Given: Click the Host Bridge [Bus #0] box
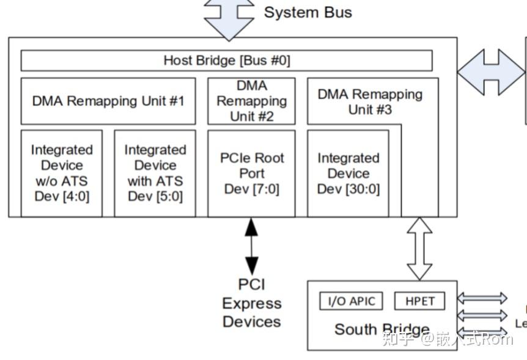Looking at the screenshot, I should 226,61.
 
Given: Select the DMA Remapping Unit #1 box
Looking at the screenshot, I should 108,101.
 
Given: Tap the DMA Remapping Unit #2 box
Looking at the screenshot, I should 251,101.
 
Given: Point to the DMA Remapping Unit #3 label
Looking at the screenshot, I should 370,101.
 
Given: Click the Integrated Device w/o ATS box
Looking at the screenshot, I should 62,173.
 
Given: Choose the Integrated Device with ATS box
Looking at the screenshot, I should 155,173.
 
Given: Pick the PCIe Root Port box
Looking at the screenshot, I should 251,173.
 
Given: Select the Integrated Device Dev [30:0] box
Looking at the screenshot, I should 348,173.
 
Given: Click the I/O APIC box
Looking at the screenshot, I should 351,301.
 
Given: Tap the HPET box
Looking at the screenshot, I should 419,301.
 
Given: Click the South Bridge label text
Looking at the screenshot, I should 381,330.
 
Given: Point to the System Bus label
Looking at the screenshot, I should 308,12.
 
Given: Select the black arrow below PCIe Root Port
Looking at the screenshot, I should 251,246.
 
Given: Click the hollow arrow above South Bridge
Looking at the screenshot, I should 419,248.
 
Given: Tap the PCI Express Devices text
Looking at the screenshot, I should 251,303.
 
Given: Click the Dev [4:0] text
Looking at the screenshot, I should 62,196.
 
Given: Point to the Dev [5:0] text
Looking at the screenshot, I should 155,196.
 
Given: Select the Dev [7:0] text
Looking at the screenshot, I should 251,189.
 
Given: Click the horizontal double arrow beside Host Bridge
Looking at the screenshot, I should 491,72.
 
